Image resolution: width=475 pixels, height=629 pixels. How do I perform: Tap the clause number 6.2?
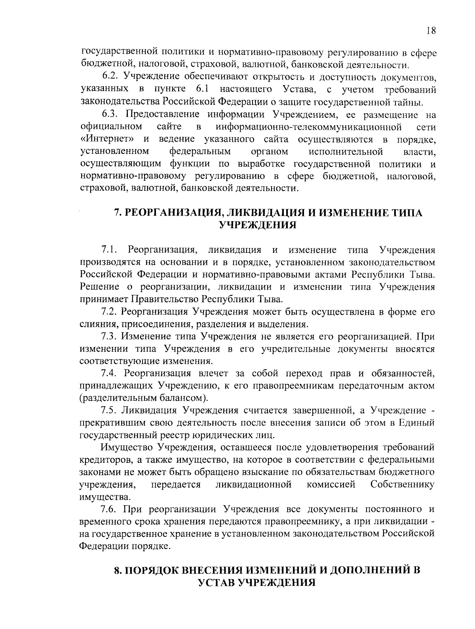click(110, 77)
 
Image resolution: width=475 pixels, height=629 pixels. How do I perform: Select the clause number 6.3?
click(110, 115)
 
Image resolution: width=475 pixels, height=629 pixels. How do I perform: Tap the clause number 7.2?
click(110, 312)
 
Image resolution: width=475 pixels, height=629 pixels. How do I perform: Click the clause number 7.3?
click(110, 337)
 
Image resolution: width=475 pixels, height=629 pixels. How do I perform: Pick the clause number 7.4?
click(110, 373)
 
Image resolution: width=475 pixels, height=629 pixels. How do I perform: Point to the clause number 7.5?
click(110, 410)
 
